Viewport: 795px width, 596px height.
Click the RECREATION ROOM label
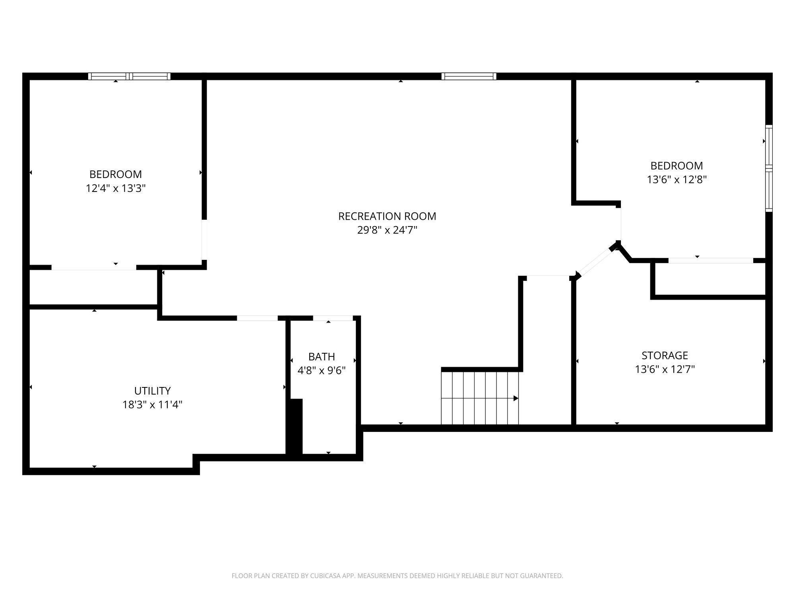(x=387, y=216)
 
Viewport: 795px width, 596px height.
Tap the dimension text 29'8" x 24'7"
(x=387, y=230)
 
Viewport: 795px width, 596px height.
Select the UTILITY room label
(x=152, y=391)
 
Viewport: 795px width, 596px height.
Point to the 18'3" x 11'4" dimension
(x=152, y=405)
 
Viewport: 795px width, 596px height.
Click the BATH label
(x=322, y=356)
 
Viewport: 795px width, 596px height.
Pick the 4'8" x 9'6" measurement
(x=322, y=371)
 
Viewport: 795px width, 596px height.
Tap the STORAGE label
(x=665, y=355)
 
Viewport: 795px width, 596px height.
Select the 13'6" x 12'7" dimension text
(x=665, y=370)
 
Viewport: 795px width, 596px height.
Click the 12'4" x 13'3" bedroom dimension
(x=116, y=188)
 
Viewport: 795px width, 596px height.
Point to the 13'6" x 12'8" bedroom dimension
(x=677, y=180)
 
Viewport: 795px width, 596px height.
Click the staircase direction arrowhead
(x=516, y=398)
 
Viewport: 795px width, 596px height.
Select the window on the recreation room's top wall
(x=469, y=76)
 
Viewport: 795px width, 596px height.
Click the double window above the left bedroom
(x=129, y=76)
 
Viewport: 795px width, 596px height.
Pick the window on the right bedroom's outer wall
(x=769, y=168)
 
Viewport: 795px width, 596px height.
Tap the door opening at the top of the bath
(x=333, y=318)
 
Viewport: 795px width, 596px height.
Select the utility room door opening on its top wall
(x=257, y=318)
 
